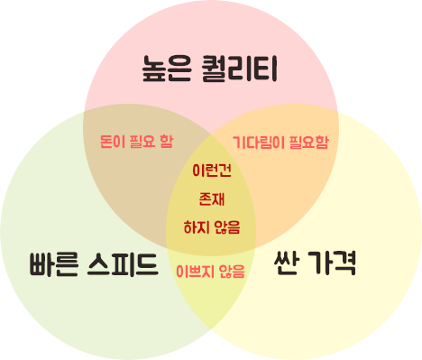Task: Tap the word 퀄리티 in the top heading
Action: click(238, 68)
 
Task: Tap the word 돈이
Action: click(112, 142)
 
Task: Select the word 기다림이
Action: click(257, 142)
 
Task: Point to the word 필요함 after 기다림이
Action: click(308, 142)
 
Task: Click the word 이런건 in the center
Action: click(212, 170)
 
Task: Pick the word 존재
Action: click(212, 198)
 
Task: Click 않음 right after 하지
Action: click(228, 226)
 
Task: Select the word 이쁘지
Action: click(193, 271)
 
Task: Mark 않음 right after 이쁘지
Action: click(230, 271)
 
